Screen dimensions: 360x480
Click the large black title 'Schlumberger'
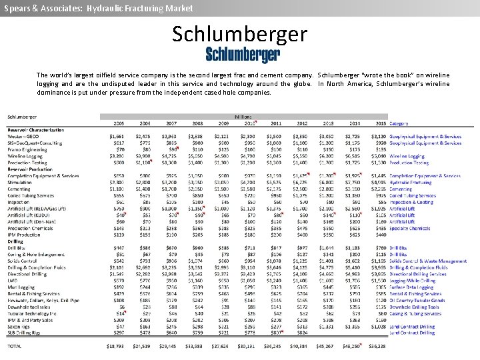pyautogui.click(x=240, y=33)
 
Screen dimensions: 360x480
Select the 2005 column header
pyautogui.click(x=118, y=123)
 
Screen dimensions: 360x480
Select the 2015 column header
pyautogui.click(x=380, y=123)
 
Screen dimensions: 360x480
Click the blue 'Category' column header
pyautogui.click(x=399, y=123)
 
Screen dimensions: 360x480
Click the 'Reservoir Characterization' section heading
pyautogui.click(x=36, y=130)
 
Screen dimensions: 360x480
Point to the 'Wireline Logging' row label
pyautogui.click(x=26, y=156)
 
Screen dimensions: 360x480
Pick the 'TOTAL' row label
pyautogui.click(x=14, y=347)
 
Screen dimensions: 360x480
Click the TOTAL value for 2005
pyautogui.click(x=115, y=347)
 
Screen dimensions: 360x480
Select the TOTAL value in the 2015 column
pyautogui.click(x=377, y=347)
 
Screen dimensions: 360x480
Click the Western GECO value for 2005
pyautogui.click(x=116, y=137)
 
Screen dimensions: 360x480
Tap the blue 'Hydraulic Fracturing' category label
pyautogui.click(x=411, y=182)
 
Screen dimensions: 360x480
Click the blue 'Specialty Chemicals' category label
pyautogui.click(x=410, y=228)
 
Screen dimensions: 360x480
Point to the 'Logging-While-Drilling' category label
pyautogui.click(x=414, y=281)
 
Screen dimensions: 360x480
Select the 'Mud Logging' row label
pyautogui.click(x=21, y=287)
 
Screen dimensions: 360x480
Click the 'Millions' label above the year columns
pyautogui.click(x=243, y=117)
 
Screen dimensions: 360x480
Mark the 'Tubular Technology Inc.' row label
pyautogui.click(x=31, y=313)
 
